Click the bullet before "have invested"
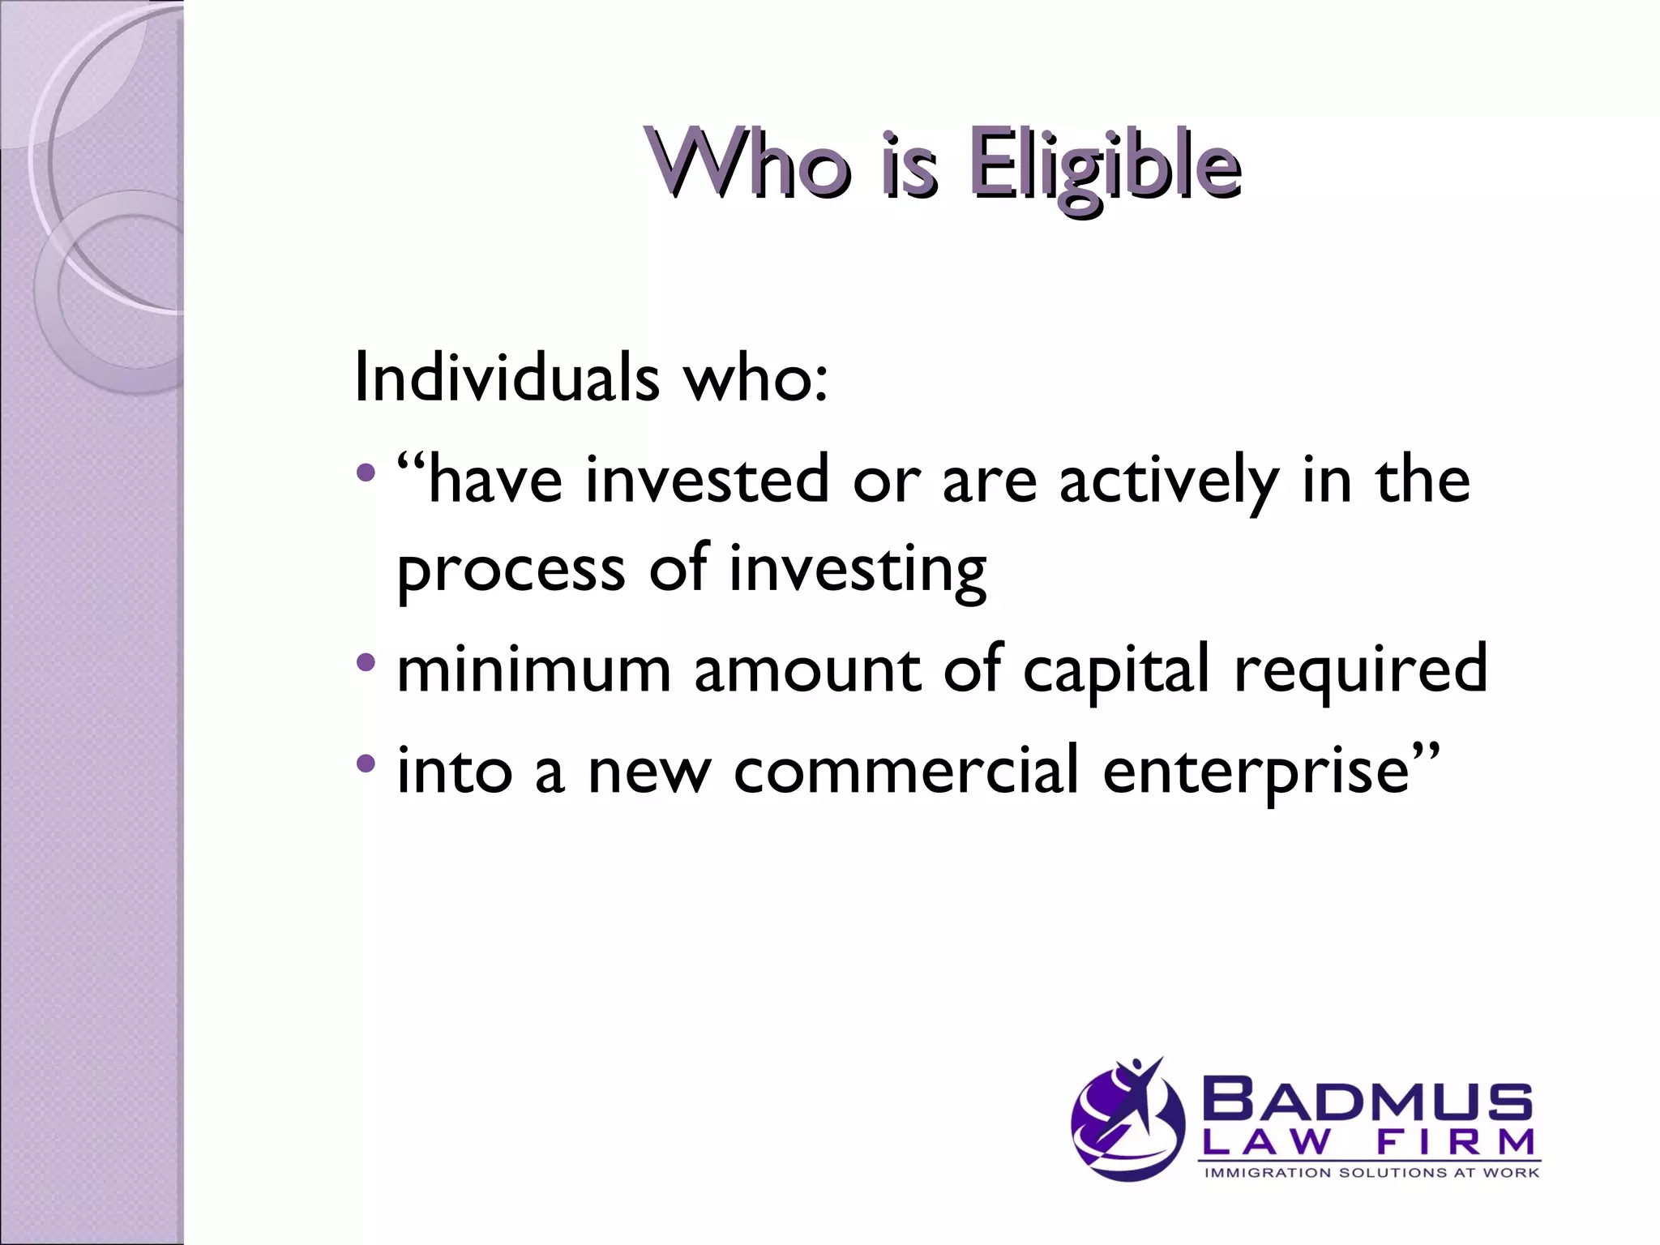(366, 471)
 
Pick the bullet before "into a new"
(366, 763)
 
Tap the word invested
(707, 480)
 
